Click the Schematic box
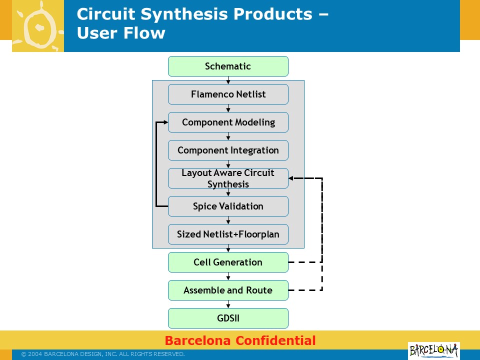[x=228, y=66]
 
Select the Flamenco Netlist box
[x=228, y=94]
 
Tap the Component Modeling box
[x=228, y=122]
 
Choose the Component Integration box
[x=228, y=150]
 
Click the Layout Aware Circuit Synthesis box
[x=228, y=178]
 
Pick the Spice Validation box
[x=228, y=206]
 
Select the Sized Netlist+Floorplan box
[x=228, y=234]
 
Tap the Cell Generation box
[x=228, y=262]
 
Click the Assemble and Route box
[x=228, y=290]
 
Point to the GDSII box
[x=228, y=318]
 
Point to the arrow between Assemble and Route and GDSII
[x=228, y=304]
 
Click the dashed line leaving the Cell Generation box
[x=305, y=262]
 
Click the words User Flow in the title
[x=121, y=33]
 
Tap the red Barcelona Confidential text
[x=240, y=341]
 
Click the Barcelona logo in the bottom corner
[x=433, y=350]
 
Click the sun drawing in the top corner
[x=38, y=26]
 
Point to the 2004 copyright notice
[x=103, y=354]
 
